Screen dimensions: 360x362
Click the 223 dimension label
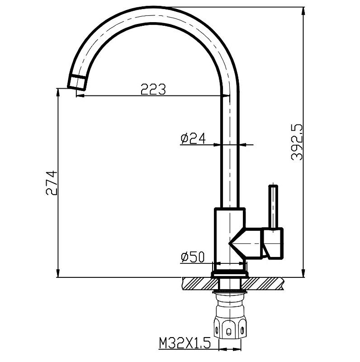[153, 89]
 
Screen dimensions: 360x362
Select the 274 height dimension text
[52, 183]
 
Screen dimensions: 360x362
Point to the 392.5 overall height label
[297, 142]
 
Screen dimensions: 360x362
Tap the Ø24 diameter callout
[193, 138]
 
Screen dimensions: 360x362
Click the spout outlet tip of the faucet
[77, 84]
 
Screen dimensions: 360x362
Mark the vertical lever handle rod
[273, 207]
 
